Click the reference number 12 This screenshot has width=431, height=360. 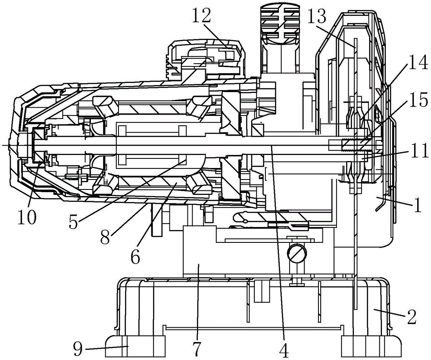[x=203, y=16]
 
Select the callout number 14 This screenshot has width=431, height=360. [x=415, y=65]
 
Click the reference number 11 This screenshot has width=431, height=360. [x=416, y=151]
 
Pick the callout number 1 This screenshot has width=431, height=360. [x=417, y=205]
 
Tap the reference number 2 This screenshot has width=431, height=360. [x=411, y=318]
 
